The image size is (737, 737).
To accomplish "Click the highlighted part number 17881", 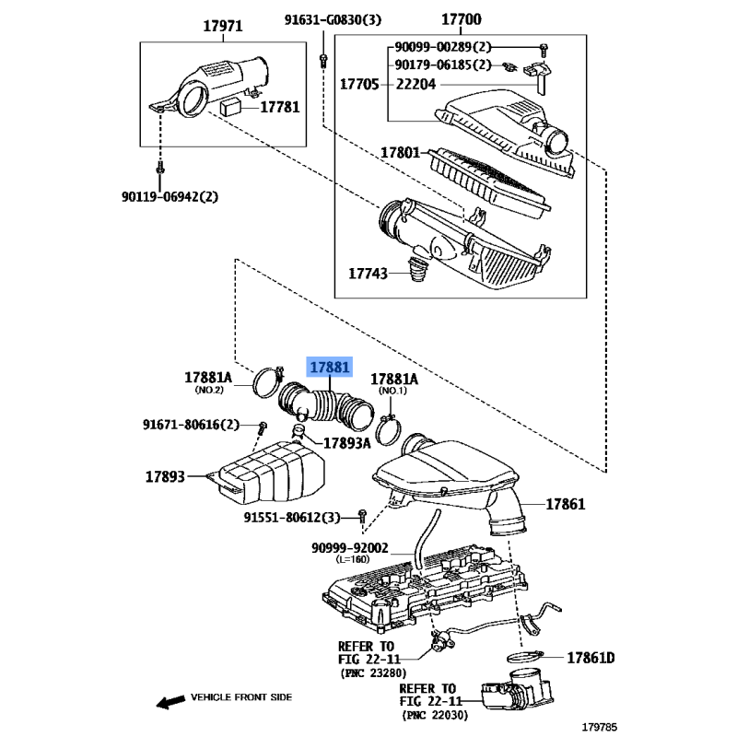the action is click(330, 367).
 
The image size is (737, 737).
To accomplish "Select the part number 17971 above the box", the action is click(223, 26).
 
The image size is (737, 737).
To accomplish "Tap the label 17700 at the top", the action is click(462, 19).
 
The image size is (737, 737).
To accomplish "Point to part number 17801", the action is click(400, 152).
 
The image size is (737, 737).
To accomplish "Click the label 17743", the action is click(368, 274).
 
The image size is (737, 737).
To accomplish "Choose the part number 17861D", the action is click(591, 658).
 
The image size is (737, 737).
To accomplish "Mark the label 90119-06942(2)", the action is click(170, 196).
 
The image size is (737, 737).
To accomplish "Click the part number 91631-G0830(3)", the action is click(333, 19).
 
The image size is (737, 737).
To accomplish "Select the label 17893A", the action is click(347, 443).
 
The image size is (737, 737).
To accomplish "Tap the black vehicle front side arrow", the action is click(170, 702).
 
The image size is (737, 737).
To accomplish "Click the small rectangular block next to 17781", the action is click(231, 107).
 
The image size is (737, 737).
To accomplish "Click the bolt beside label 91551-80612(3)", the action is click(362, 515).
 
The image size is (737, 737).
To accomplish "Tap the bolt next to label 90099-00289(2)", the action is click(544, 49).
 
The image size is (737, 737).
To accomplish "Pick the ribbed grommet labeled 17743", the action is click(417, 269).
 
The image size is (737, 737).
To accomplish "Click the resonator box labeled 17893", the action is click(266, 472).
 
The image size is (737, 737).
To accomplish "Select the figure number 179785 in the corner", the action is click(600, 727).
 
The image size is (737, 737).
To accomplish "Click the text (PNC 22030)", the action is click(435, 716).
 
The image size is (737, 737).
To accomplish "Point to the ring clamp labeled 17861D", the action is click(524, 656).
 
